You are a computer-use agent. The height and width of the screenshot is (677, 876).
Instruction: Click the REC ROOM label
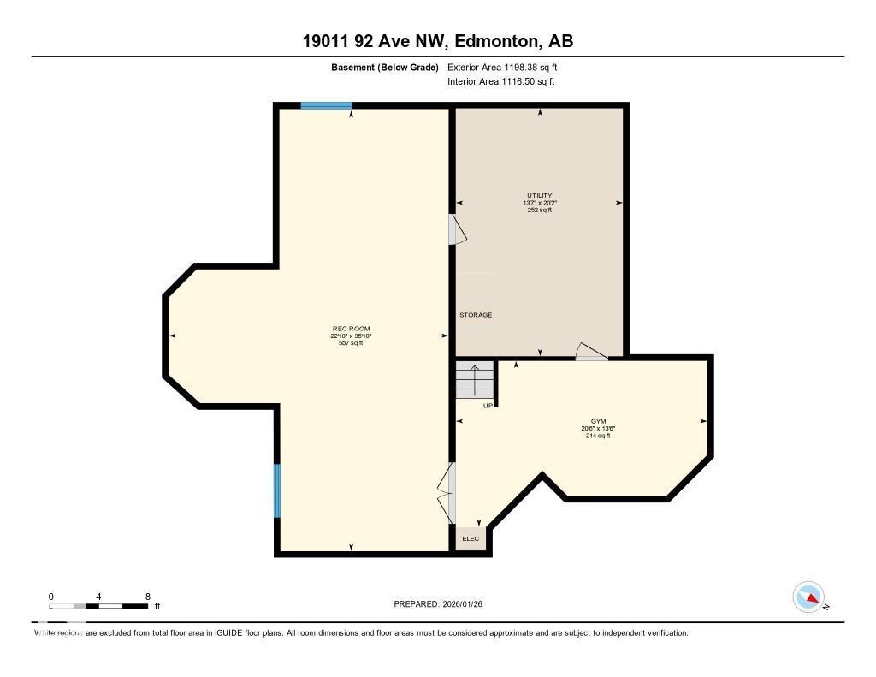(x=351, y=329)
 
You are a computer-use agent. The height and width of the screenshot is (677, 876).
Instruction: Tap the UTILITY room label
(x=539, y=195)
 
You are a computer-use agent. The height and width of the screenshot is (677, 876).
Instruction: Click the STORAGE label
(x=476, y=315)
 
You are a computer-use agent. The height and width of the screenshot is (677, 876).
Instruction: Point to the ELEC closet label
(x=471, y=538)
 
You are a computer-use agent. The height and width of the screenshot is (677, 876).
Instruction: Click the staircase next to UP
(x=475, y=379)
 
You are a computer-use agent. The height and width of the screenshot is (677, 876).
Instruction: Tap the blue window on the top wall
(x=326, y=106)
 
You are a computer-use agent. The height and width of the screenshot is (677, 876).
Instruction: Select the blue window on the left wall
(x=276, y=490)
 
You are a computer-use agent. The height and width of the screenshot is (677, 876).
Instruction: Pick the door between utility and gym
(x=591, y=352)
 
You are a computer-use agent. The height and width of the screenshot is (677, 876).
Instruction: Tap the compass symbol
(x=808, y=597)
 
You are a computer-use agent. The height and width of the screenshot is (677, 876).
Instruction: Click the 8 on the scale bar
(x=148, y=596)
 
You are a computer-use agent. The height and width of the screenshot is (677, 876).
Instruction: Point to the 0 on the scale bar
(x=51, y=596)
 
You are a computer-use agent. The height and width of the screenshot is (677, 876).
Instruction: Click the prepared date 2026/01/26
(x=468, y=603)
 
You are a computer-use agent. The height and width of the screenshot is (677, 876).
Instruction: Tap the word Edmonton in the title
(x=496, y=40)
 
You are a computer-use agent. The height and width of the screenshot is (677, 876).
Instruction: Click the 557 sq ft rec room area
(x=351, y=343)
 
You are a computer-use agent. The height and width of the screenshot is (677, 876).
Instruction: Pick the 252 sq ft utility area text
(x=539, y=210)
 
